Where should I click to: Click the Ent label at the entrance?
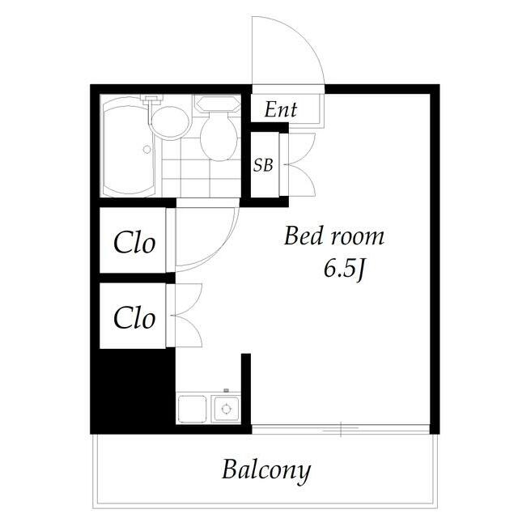pyautogui.click(x=281, y=109)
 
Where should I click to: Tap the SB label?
pyautogui.click(x=263, y=165)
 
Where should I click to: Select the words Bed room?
pyautogui.click(x=334, y=236)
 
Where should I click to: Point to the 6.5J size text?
pyautogui.click(x=344, y=270)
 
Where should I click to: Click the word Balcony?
pyautogui.click(x=266, y=470)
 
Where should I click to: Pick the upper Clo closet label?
pyautogui.click(x=134, y=243)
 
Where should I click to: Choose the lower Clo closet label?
pyautogui.click(x=134, y=317)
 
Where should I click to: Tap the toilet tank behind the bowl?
pyautogui.click(x=218, y=104)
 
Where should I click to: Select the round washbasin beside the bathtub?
pyautogui.click(x=171, y=122)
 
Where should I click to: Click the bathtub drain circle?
pyautogui.click(x=147, y=149)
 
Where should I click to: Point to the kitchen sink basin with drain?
pyautogui.click(x=226, y=409)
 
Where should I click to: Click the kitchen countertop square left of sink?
pyautogui.click(x=192, y=409)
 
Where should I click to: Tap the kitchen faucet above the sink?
pyautogui.click(x=227, y=391)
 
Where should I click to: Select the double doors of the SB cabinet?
pyautogui.click(x=300, y=164)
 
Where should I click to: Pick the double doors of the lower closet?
pyautogui.click(x=187, y=315)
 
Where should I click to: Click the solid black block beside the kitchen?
pyautogui.click(x=133, y=389)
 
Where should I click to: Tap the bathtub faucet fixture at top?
pyautogui.click(x=152, y=100)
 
